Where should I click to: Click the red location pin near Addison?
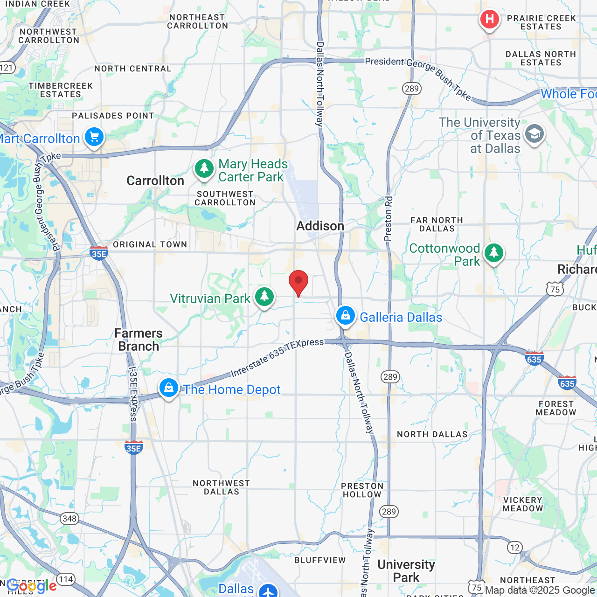click(298, 282)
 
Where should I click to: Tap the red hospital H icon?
click(489, 20)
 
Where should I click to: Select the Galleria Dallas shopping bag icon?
click(346, 316)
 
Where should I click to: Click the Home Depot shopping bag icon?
click(169, 388)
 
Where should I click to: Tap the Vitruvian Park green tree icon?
click(264, 297)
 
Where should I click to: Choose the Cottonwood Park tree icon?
click(493, 254)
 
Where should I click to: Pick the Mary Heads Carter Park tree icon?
click(204, 169)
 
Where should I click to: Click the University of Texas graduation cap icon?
click(534, 134)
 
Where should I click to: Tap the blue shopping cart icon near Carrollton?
click(94, 138)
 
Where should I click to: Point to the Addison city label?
click(320, 226)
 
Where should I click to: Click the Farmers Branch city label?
click(139, 340)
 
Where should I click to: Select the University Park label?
click(406, 571)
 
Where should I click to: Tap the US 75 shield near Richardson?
click(555, 290)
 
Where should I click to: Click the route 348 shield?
click(69, 518)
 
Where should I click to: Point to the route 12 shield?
click(514, 547)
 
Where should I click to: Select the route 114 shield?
click(66, 580)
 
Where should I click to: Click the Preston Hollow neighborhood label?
click(362, 490)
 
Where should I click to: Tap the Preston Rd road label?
click(389, 218)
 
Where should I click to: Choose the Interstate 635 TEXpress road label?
click(277, 357)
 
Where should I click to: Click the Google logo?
click(32, 586)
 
